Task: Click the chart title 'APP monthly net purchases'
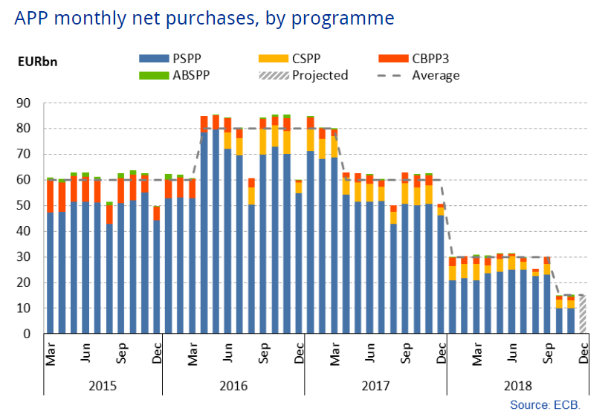204,17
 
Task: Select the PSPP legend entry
175,58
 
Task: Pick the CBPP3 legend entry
412,58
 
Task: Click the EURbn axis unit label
37,62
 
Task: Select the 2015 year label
103,387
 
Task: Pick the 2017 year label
375,387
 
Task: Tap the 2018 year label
518,387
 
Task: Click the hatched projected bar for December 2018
583,315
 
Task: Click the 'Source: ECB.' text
544,405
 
